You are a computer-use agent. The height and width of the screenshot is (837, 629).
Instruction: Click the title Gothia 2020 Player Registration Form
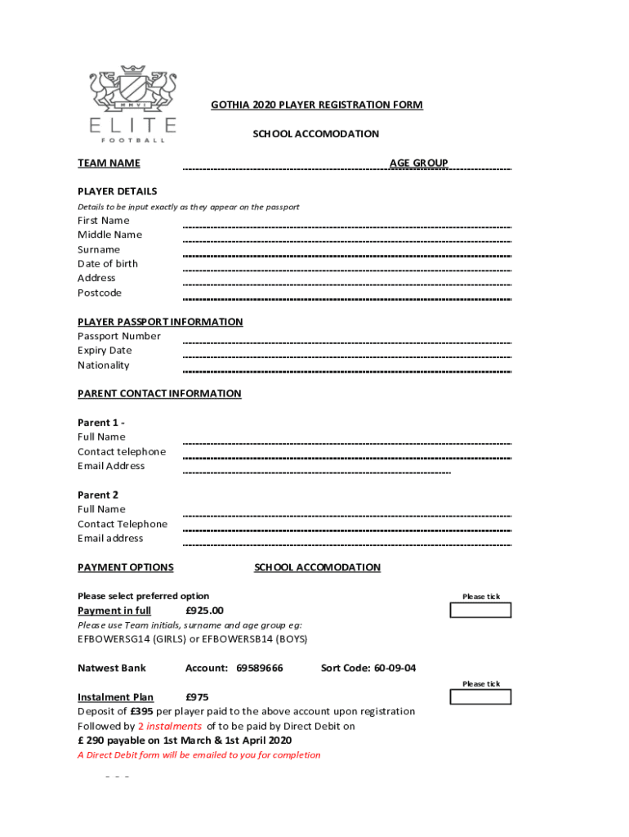coord(317,105)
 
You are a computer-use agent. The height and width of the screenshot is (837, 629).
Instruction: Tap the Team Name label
coord(109,163)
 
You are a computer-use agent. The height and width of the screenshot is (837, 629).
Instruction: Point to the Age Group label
coord(418,163)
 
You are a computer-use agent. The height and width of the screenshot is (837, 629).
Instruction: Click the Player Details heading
coord(117,191)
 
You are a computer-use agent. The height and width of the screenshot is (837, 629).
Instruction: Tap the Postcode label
coord(100,293)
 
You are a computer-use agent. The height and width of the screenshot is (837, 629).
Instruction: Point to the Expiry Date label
coord(105,351)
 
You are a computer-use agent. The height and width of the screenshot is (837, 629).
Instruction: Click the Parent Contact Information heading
coord(159,394)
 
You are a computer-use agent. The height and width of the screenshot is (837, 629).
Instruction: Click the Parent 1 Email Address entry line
coord(317,472)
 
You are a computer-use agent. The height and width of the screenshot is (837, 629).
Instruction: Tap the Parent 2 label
coord(98,495)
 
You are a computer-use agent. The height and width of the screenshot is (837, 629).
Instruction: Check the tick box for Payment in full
coord(481,610)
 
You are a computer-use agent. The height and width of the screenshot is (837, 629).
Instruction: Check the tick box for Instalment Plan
coord(481,696)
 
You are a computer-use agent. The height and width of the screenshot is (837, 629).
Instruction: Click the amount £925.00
coord(204,611)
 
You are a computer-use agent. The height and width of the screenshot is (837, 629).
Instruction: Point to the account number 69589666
coord(259,669)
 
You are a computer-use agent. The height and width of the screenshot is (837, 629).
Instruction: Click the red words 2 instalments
coord(170,727)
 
